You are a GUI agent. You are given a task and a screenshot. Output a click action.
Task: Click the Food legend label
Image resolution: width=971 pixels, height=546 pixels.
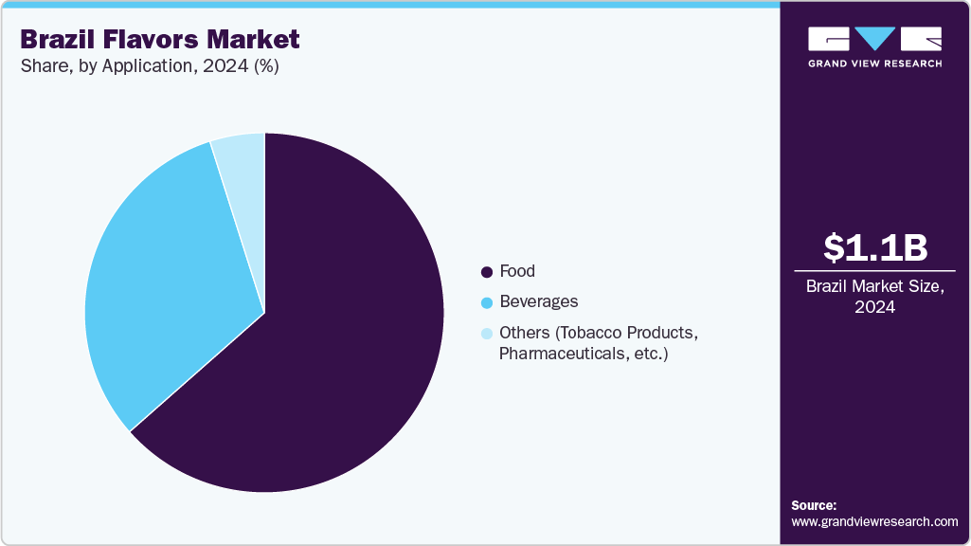point(517,271)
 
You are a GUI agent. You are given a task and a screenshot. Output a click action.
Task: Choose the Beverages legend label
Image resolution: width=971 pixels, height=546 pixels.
point(538,301)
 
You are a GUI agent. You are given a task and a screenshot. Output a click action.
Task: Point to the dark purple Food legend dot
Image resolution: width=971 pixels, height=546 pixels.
point(487,272)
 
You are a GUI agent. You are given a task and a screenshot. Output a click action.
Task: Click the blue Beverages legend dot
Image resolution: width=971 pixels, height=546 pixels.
point(487,302)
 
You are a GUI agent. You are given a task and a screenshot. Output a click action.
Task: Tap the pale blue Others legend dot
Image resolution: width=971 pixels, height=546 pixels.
point(487,334)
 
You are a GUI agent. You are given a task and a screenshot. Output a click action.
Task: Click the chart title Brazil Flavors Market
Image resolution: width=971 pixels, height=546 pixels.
point(159,40)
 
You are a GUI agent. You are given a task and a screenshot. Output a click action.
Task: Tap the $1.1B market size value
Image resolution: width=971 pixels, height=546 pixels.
point(874,247)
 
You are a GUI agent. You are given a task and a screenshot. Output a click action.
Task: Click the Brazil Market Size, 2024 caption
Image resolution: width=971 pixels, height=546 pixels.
point(874,297)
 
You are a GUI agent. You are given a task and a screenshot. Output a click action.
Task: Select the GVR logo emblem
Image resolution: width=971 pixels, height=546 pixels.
point(874,39)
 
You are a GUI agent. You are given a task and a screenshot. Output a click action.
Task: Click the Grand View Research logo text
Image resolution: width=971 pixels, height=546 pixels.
point(874,64)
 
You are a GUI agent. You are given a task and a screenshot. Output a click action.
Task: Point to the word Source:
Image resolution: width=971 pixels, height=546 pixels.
point(814,505)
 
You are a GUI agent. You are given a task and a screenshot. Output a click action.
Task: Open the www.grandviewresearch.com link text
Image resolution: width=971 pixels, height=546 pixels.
point(874,521)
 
